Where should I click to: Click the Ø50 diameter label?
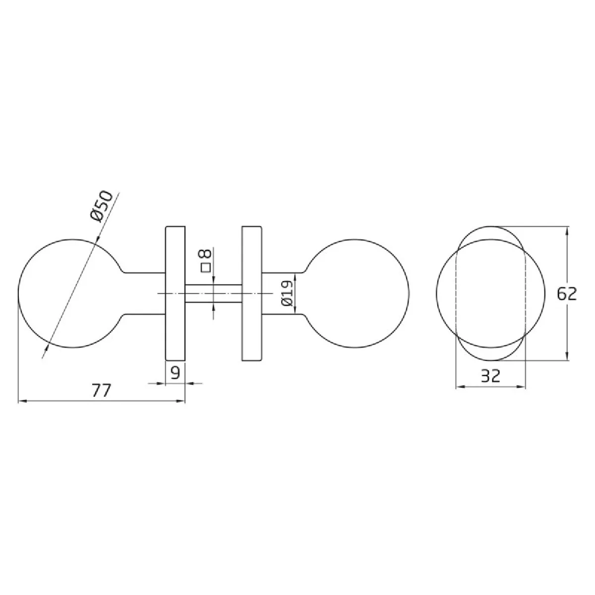pyautogui.click(x=102, y=206)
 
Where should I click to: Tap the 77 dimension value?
pyautogui.click(x=101, y=390)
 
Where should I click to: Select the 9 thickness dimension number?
pyautogui.click(x=175, y=373)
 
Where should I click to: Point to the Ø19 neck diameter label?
pyautogui.click(x=287, y=293)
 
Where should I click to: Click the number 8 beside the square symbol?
pyautogui.click(x=206, y=253)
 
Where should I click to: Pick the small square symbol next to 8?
pyautogui.click(x=206, y=267)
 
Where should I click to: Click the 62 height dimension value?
pyautogui.click(x=567, y=294)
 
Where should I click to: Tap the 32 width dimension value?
pyautogui.click(x=491, y=376)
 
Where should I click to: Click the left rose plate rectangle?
pyautogui.click(x=176, y=294)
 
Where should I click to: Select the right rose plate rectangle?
pyautogui.click(x=252, y=294)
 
